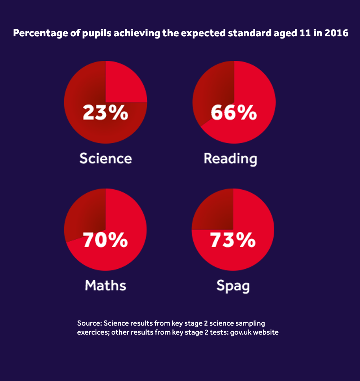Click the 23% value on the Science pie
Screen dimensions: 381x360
pyautogui.click(x=105, y=113)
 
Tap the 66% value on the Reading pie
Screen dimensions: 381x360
pyautogui.click(x=234, y=113)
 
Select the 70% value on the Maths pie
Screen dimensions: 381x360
pyautogui.click(x=105, y=240)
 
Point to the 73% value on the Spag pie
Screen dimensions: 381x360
pyautogui.click(x=233, y=240)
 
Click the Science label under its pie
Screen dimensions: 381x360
pyautogui.click(x=105, y=158)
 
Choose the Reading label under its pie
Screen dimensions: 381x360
pyautogui.click(x=230, y=159)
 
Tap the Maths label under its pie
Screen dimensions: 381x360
pyautogui.click(x=105, y=285)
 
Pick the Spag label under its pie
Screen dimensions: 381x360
pyautogui.click(x=233, y=286)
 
